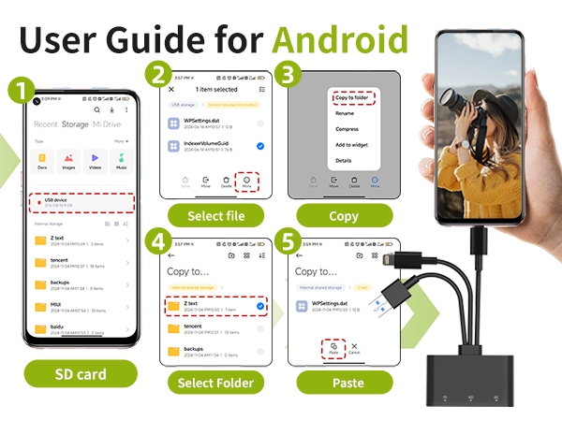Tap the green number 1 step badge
[x=19, y=90]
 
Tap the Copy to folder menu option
[x=354, y=97]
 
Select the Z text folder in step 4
[x=215, y=305]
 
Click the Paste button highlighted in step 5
[x=333, y=349]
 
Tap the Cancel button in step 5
[x=354, y=349]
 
